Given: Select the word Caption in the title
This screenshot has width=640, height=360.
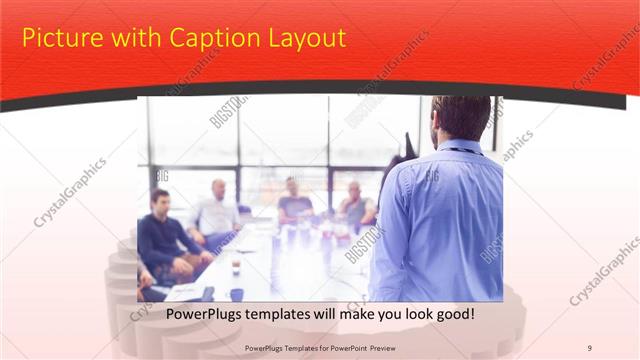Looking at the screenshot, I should (199, 39).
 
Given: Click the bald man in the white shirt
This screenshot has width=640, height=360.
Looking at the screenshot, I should (217, 212).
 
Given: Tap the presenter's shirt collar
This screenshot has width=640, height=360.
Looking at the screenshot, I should (459, 147).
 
